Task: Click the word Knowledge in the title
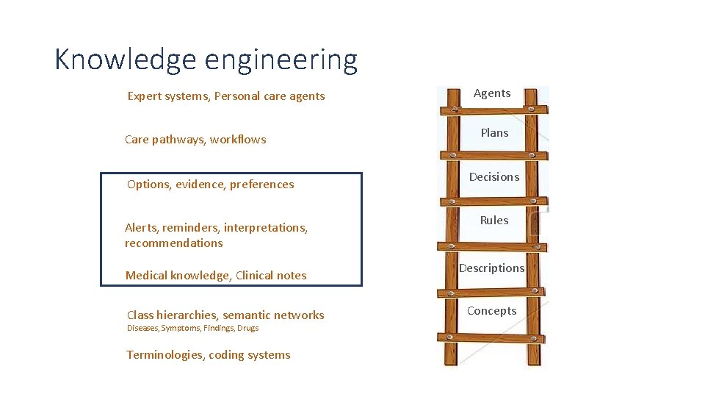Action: coord(125,60)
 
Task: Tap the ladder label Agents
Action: coord(492,93)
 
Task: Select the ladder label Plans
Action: coord(494,133)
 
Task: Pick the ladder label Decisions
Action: coord(494,177)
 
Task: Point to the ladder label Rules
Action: coord(494,220)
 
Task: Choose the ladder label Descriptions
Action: coord(492,268)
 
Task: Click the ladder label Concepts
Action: coord(492,311)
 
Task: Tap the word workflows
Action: coord(238,140)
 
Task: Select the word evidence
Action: coord(199,185)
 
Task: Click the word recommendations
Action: coord(173,243)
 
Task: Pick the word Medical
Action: coord(146,276)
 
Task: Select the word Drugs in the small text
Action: coord(248,328)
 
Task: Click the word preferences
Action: coord(261,185)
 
